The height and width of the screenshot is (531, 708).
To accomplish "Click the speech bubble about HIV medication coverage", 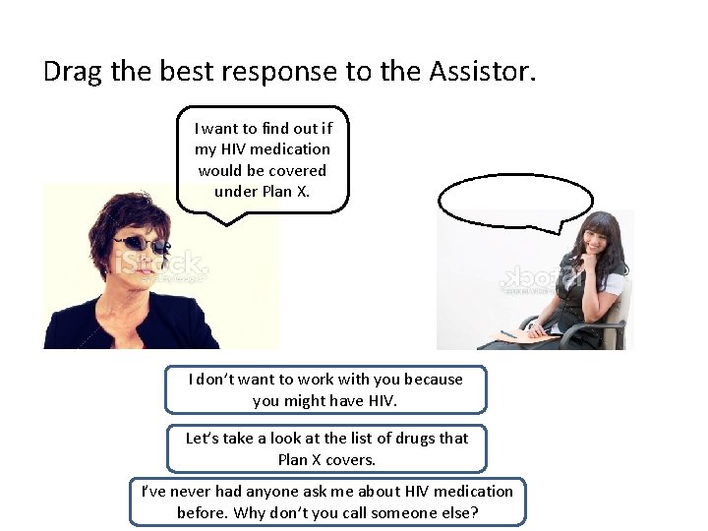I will coord(263,159).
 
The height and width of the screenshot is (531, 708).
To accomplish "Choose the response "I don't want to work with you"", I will coord(324,389).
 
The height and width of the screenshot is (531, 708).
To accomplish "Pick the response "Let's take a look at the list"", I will coord(326,448).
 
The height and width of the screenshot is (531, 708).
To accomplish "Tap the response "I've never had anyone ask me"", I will coord(326,501).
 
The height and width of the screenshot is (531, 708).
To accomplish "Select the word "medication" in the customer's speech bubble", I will coord(289,149).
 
